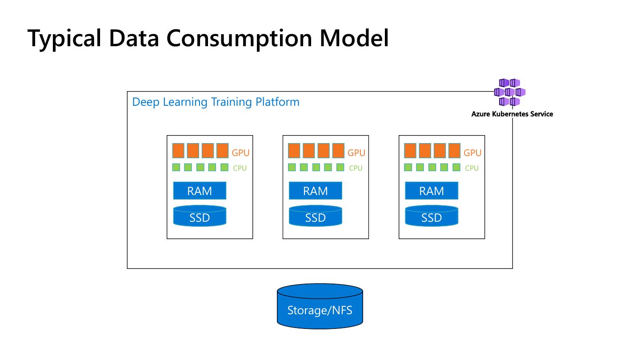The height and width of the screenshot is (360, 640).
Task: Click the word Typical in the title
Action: pyautogui.click(x=64, y=39)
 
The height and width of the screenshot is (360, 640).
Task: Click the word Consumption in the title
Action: pyautogui.click(x=240, y=39)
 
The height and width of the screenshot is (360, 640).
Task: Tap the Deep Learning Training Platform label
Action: pyautogui.click(x=216, y=102)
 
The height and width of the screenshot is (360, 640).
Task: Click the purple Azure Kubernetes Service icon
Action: pyautogui.click(x=510, y=92)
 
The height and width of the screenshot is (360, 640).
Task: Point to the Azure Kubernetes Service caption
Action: pyautogui.click(x=512, y=114)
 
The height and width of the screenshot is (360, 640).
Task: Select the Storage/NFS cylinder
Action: pyautogui.click(x=320, y=306)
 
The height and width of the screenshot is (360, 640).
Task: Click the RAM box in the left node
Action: pyautogui.click(x=200, y=191)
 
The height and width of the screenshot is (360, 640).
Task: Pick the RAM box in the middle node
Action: pyautogui.click(x=316, y=191)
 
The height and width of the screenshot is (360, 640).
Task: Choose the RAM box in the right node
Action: pyautogui.click(x=432, y=191)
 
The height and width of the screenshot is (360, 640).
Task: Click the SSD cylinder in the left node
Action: pyautogui.click(x=200, y=216)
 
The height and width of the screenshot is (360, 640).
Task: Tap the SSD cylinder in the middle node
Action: pyautogui.click(x=316, y=216)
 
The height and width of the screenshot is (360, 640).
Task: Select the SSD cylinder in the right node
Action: pyautogui.click(x=432, y=216)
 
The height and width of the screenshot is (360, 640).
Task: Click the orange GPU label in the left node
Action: pyautogui.click(x=240, y=153)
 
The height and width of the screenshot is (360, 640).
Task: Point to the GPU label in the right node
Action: pyautogui.click(x=472, y=153)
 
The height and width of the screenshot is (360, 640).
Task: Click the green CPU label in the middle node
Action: pyautogui.click(x=356, y=168)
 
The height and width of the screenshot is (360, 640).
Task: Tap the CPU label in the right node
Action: pyautogui.click(x=472, y=168)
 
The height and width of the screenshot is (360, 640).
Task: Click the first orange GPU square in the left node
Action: pyautogui.click(x=178, y=151)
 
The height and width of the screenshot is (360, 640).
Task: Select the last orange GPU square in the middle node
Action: pyautogui.click(x=338, y=151)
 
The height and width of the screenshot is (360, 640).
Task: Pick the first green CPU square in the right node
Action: pyautogui.click(x=408, y=167)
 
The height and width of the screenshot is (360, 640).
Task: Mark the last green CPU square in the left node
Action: pyautogui.click(x=224, y=167)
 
